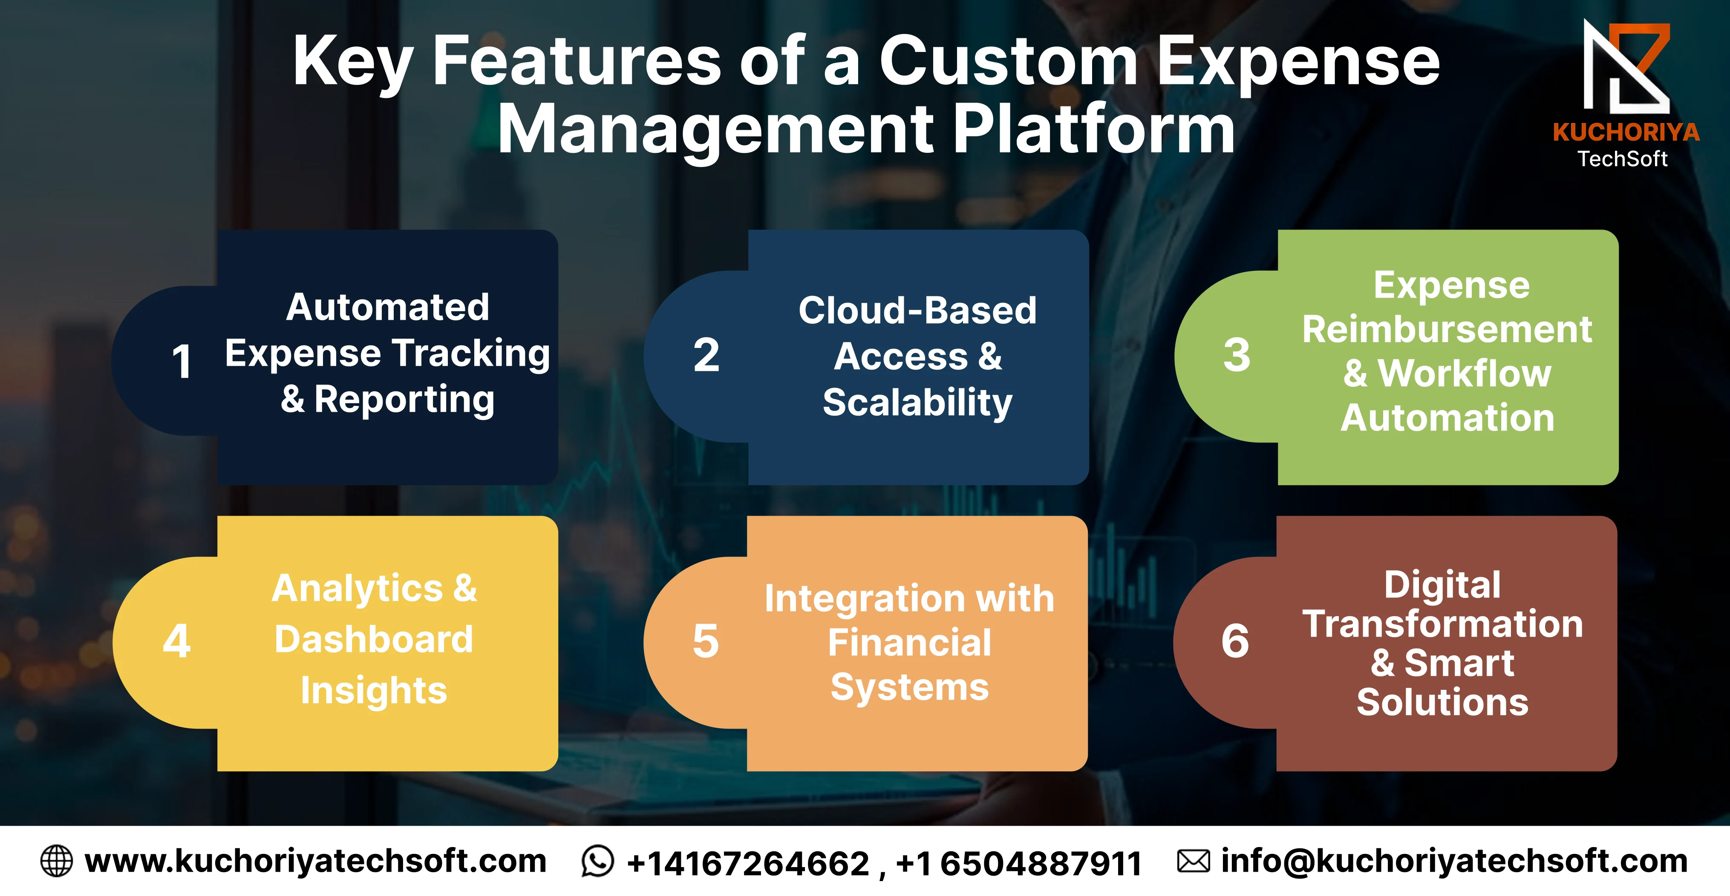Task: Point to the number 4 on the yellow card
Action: click(x=177, y=640)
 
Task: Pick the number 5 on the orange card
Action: click(x=706, y=640)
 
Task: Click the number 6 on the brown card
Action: click(x=1235, y=640)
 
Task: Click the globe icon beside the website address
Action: click(x=56, y=861)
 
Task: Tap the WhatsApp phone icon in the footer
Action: click(x=597, y=861)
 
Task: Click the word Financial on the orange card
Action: click(x=909, y=642)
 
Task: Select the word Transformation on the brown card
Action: click(x=1442, y=624)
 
